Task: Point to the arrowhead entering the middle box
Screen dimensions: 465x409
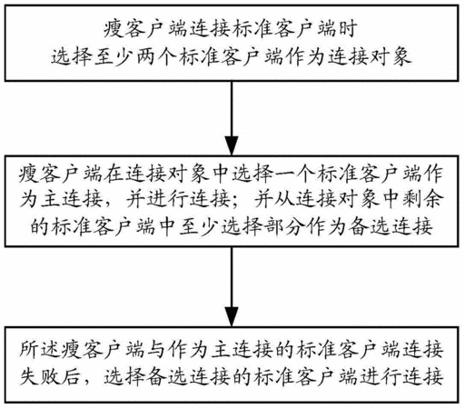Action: click(232, 146)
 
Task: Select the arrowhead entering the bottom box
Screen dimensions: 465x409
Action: click(232, 317)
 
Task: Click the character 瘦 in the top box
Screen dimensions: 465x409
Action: click(113, 29)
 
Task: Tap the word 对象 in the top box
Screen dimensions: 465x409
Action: click(391, 56)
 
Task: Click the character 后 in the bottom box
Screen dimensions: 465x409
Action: click(71, 376)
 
